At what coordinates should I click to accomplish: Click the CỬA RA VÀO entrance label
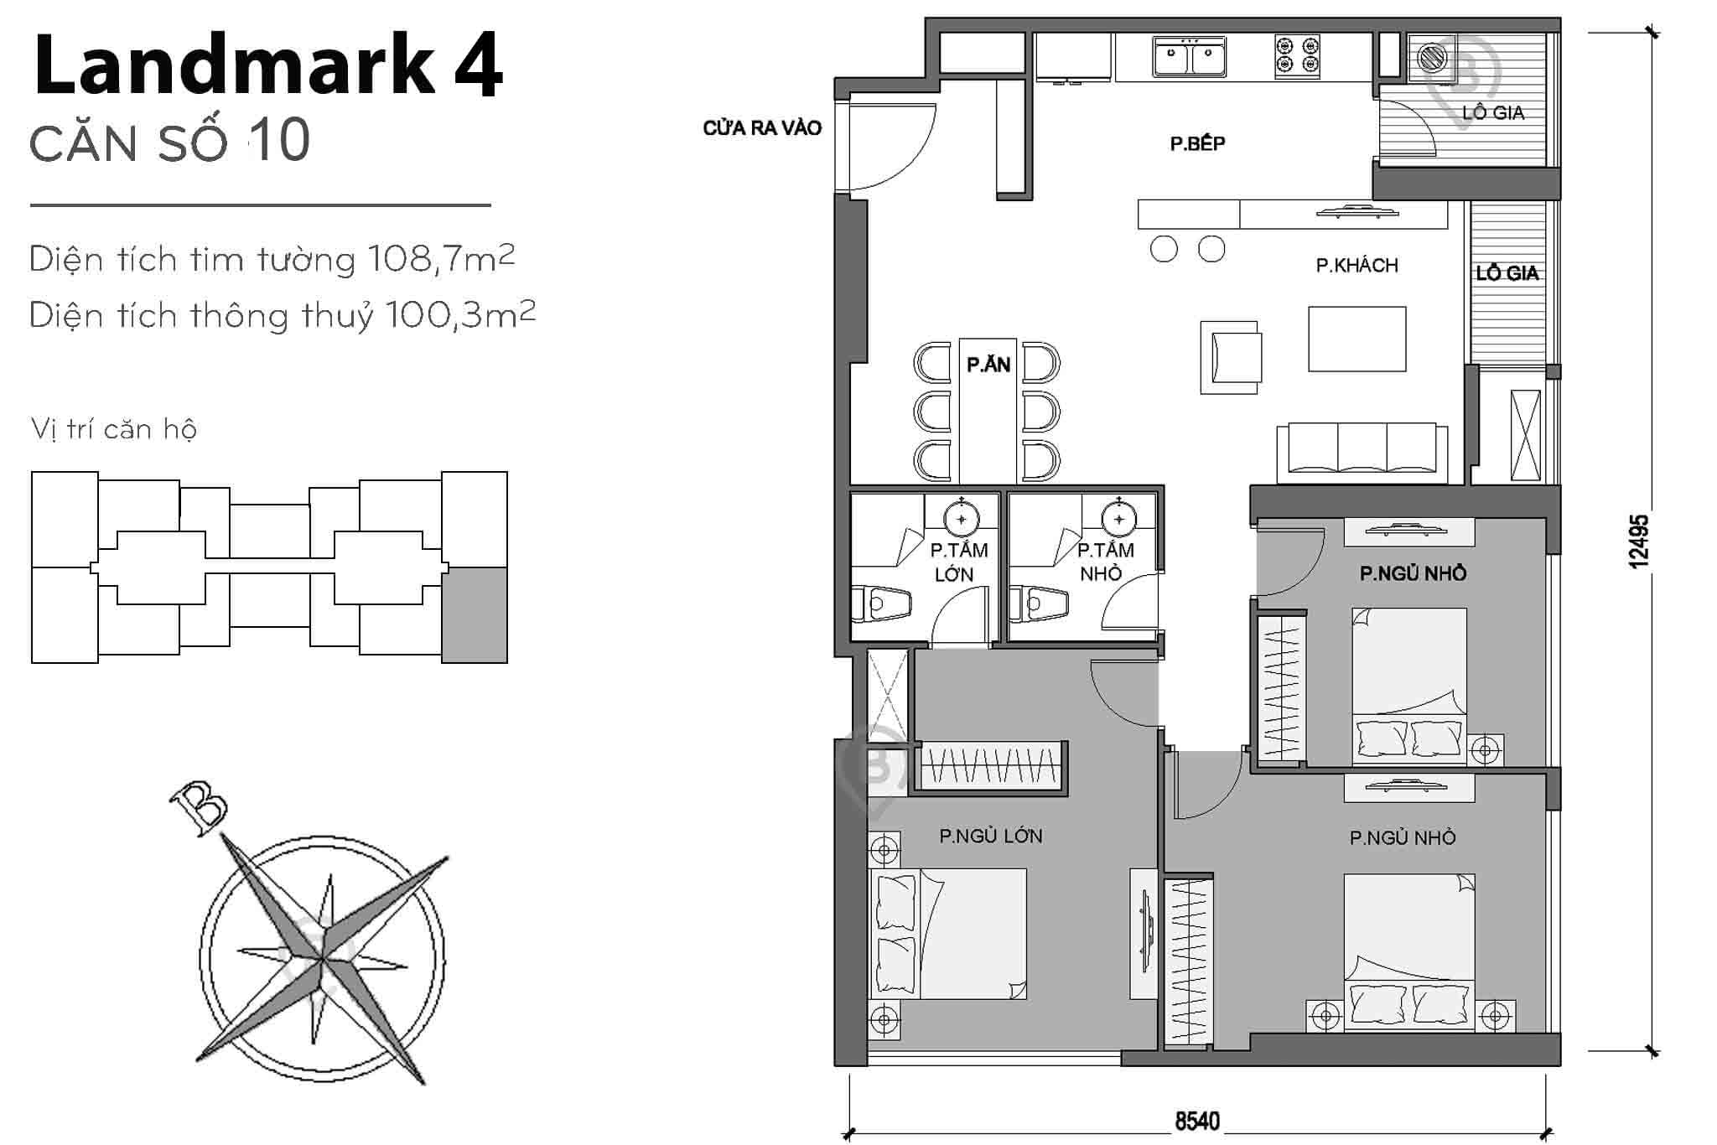761,128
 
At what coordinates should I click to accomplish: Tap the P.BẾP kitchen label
1197,144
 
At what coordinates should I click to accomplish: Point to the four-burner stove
1297,56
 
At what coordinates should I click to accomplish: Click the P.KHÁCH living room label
1356,266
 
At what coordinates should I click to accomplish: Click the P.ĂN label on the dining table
988,365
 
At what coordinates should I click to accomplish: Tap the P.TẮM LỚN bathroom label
957,562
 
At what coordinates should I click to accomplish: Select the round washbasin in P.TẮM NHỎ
1118,520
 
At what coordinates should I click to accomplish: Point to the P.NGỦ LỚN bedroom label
990,836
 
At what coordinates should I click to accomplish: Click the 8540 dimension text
1196,1121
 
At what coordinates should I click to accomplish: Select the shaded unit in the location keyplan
475,614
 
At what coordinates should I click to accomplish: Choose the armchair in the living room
1231,357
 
